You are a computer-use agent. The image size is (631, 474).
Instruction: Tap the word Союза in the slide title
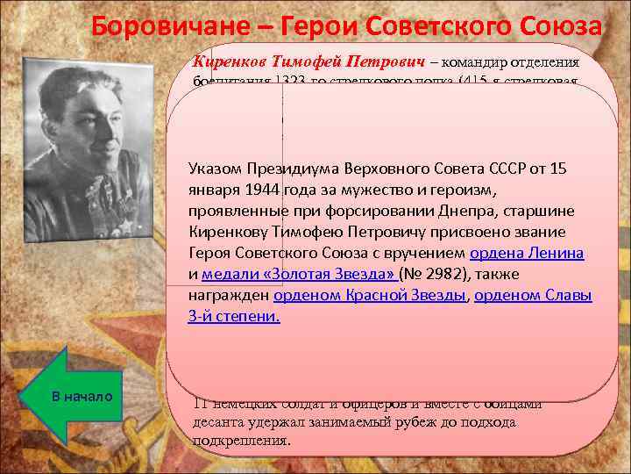tap(559, 26)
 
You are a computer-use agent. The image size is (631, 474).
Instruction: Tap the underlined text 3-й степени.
tap(233, 316)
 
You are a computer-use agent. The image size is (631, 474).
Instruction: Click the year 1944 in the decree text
tap(277, 190)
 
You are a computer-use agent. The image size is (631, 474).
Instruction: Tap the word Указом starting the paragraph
tap(216, 169)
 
